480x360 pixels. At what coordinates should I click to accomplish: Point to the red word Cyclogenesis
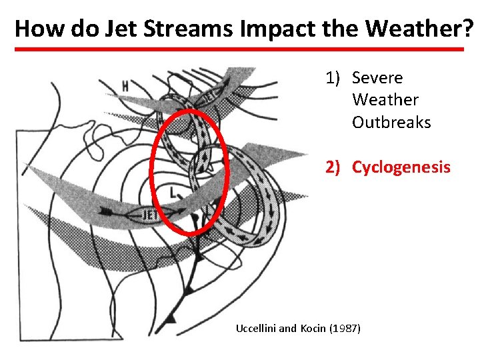401,167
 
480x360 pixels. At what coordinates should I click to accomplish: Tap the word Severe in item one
377,78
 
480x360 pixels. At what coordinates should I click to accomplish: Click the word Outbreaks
391,123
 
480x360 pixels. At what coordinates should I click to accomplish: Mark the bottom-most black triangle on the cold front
171,318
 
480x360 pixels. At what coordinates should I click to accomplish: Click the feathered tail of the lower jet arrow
105,212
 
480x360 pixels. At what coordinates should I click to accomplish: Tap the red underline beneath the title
239,49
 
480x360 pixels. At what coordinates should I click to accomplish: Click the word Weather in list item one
385,100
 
